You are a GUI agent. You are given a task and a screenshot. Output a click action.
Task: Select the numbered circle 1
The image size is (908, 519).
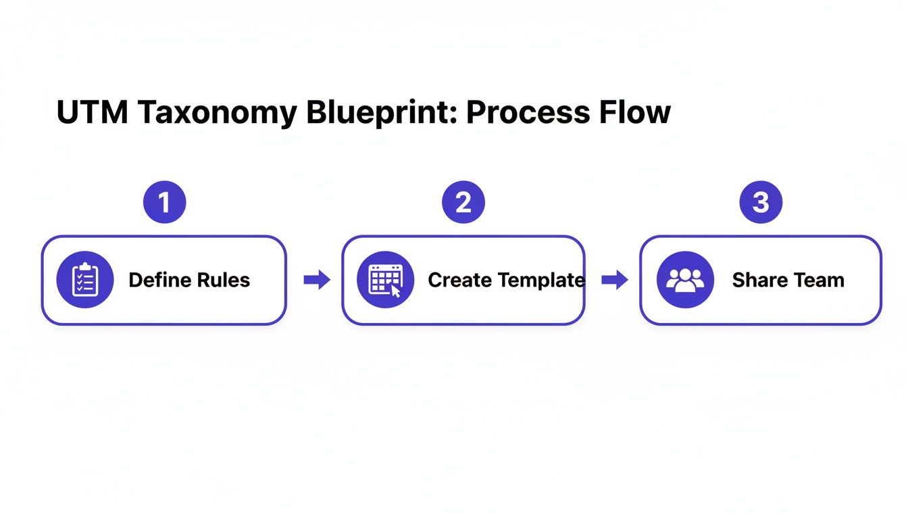pos(164,202)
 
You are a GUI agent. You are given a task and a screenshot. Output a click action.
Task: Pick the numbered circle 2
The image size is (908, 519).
pos(463,202)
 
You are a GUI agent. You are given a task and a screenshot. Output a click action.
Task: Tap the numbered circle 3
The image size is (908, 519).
pos(761,202)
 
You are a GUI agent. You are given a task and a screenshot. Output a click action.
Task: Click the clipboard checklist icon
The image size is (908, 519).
pos(85,280)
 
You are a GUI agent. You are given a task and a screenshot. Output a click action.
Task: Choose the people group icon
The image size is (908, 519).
pos(684,280)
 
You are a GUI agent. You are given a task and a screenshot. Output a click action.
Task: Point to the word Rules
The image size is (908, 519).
pos(223,280)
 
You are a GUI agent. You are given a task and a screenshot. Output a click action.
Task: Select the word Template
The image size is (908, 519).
pos(541,280)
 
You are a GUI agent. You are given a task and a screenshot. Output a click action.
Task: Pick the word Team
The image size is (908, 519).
pos(818,280)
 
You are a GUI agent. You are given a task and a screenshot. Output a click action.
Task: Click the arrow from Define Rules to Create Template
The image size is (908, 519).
pos(317,280)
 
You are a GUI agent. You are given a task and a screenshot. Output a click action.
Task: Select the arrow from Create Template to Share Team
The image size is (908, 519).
pos(615,280)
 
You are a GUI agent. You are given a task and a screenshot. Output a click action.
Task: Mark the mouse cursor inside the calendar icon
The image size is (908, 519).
pos(395,292)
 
